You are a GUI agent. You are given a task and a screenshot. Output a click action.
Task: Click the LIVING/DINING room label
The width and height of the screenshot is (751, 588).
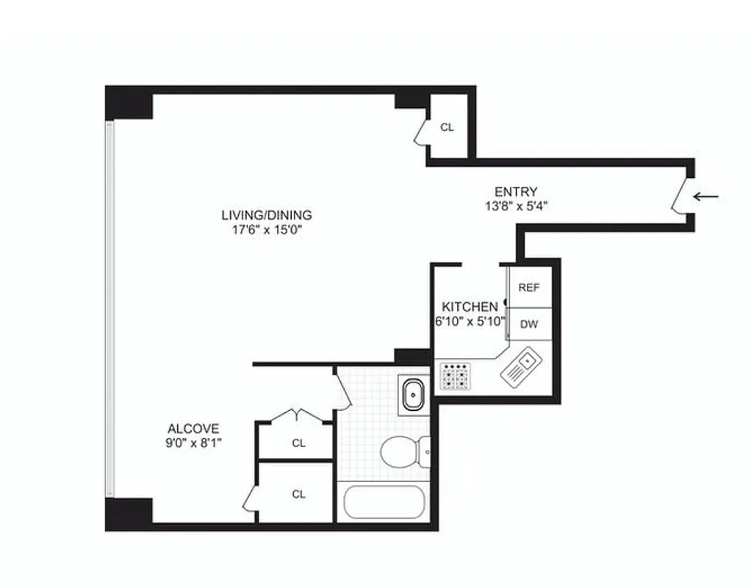pos(267,215)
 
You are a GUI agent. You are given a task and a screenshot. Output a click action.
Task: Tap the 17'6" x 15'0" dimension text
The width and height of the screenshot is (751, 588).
pos(267,229)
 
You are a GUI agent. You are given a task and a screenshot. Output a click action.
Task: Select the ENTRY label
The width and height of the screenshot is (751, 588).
pos(515,193)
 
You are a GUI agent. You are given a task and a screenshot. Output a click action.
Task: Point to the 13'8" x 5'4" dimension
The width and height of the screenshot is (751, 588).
pos(515,207)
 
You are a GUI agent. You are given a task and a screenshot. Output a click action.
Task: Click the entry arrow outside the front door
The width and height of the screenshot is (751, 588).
pos(707,196)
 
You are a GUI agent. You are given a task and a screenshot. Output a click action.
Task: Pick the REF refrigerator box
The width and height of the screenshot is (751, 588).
pos(529,287)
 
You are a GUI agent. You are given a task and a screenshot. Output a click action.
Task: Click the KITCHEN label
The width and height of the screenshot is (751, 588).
pos(470,306)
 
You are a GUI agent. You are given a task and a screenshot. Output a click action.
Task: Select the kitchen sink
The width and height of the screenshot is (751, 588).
pos(522,367)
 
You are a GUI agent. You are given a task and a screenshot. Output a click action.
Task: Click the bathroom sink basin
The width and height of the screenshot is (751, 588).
pos(414,395)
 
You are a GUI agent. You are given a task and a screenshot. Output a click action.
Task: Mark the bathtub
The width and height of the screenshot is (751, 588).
pos(384,503)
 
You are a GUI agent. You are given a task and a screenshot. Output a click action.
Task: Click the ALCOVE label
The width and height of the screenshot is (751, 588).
pos(193,429)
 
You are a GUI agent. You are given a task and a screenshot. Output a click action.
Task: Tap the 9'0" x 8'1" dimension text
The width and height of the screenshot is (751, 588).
pos(193,443)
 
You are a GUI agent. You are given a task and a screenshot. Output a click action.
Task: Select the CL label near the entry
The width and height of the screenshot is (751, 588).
pos(447,127)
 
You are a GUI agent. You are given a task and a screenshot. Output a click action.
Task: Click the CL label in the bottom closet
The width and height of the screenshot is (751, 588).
pos(298,494)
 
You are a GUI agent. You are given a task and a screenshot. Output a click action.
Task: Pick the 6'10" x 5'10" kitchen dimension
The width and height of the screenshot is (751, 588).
pos(469,321)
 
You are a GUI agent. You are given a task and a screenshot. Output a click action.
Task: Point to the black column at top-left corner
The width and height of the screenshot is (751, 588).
pos(129,103)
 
